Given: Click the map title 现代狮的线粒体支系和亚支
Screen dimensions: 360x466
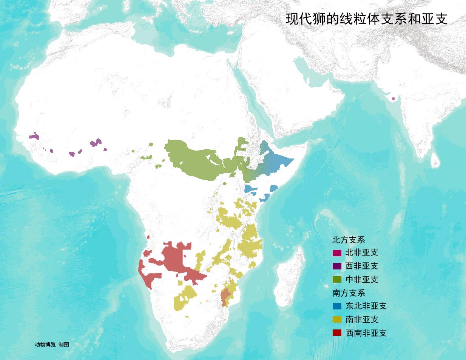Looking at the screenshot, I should tap(366, 19).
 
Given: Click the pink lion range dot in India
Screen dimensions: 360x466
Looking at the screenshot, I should tap(393, 99).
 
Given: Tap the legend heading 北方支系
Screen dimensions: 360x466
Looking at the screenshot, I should tap(348, 240).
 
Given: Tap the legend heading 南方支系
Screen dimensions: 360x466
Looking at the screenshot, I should tap(348, 293).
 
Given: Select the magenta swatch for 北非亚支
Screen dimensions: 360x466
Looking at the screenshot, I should tap(337, 253).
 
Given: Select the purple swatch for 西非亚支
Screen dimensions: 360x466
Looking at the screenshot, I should tap(337, 266).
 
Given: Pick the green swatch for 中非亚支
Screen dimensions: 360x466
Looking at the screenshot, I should tap(337, 280).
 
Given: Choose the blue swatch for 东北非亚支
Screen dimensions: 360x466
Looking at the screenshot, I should tap(337, 306).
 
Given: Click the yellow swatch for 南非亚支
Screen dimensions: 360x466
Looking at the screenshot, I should tap(337, 320).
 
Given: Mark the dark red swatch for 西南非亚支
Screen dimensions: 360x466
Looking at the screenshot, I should tap(337, 333).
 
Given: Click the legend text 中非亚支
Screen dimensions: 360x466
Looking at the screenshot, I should tap(361, 280).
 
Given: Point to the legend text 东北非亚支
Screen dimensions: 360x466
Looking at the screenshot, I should tap(366, 306).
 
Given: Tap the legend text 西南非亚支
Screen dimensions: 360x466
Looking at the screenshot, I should tap(366, 333).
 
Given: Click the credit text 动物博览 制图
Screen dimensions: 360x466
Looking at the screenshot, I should tap(52, 345).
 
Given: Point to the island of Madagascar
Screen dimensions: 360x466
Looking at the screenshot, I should tap(289, 279).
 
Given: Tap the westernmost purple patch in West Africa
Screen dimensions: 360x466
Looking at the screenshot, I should tap(34, 136).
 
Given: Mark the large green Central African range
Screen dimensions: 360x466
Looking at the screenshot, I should tap(193, 160).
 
